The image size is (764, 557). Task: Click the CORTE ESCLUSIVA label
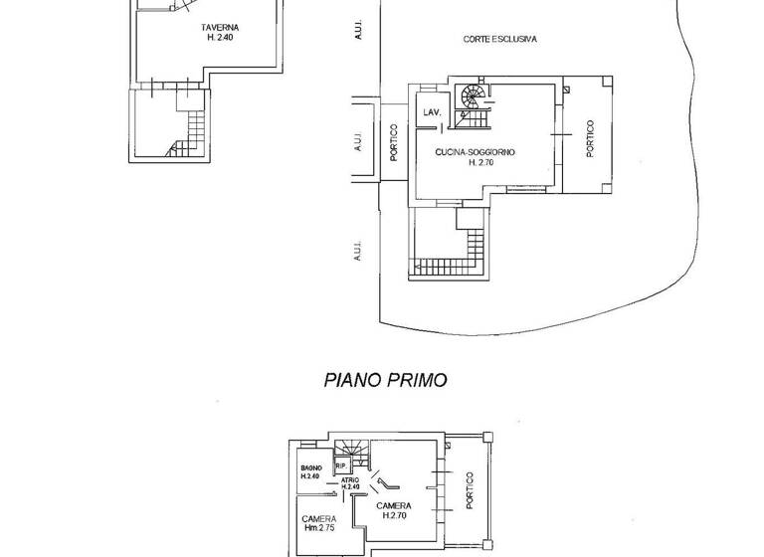pos(500,40)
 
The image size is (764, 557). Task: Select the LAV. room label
pos(432,113)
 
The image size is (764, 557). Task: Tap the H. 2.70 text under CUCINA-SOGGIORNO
pos(480,162)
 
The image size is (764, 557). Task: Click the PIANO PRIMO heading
pos(385,380)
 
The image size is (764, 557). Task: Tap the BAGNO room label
pos(310,467)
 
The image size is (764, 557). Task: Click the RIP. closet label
pos(340,464)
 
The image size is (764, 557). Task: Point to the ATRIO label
pos(350,480)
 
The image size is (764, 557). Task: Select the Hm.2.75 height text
pos(319,529)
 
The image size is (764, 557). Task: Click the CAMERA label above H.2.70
pos(395,506)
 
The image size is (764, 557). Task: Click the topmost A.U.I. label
pos(358,32)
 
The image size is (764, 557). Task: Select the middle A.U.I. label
pos(358,143)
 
